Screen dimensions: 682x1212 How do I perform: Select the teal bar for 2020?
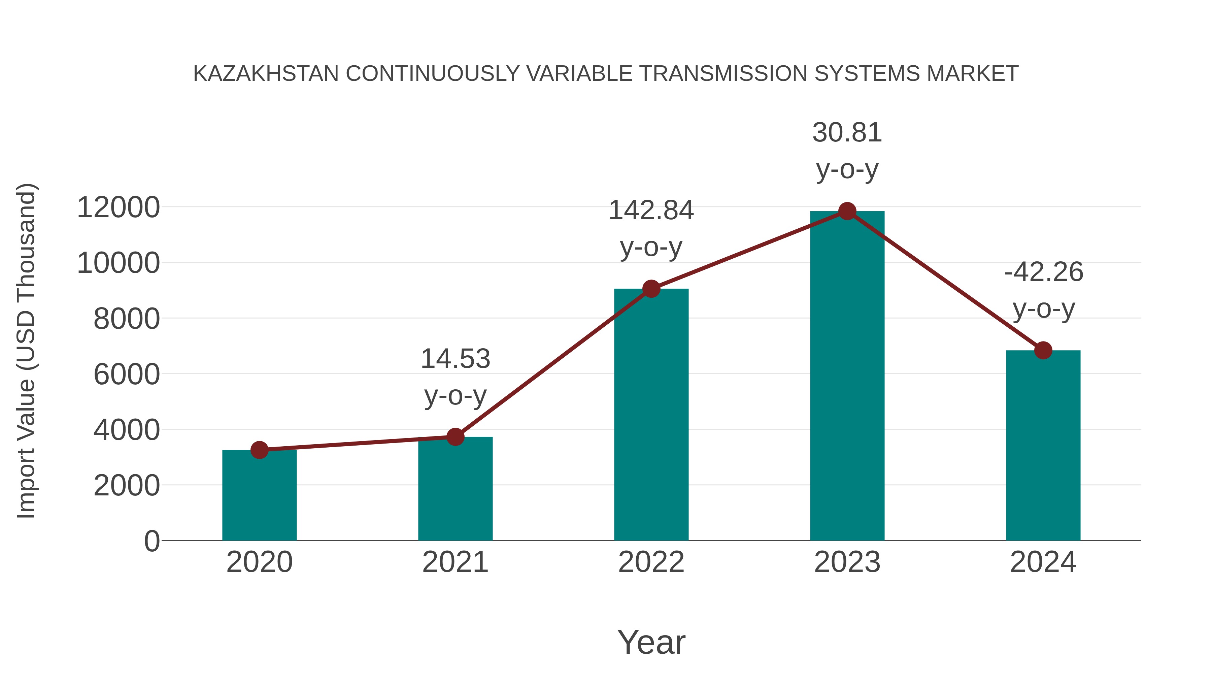pyautogui.click(x=259, y=496)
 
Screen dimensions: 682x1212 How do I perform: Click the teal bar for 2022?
pyautogui.click(x=651, y=414)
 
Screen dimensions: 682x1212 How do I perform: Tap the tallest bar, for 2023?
pyautogui.click(x=847, y=377)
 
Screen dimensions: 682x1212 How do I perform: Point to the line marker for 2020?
pyautogui.click(x=259, y=450)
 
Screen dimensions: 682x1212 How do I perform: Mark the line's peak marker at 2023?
pyautogui.click(x=847, y=211)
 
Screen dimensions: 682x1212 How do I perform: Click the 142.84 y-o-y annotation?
pyautogui.click(x=651, y=228)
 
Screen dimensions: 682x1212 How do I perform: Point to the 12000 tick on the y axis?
pyautogui.click(x=118, y=207)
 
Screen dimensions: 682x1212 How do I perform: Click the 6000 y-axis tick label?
pyautogui.click(x=127, y=375)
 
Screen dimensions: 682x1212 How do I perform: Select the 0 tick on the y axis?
pyautogui.click(x=152, y=541)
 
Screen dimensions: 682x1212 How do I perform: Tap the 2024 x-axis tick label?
pyautogui.click(x=1043, y=562)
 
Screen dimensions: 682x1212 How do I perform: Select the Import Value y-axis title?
pyautogui.click(x=26, y=351)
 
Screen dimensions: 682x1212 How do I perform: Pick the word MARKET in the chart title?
pyautogui.click(x=973, y=74)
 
